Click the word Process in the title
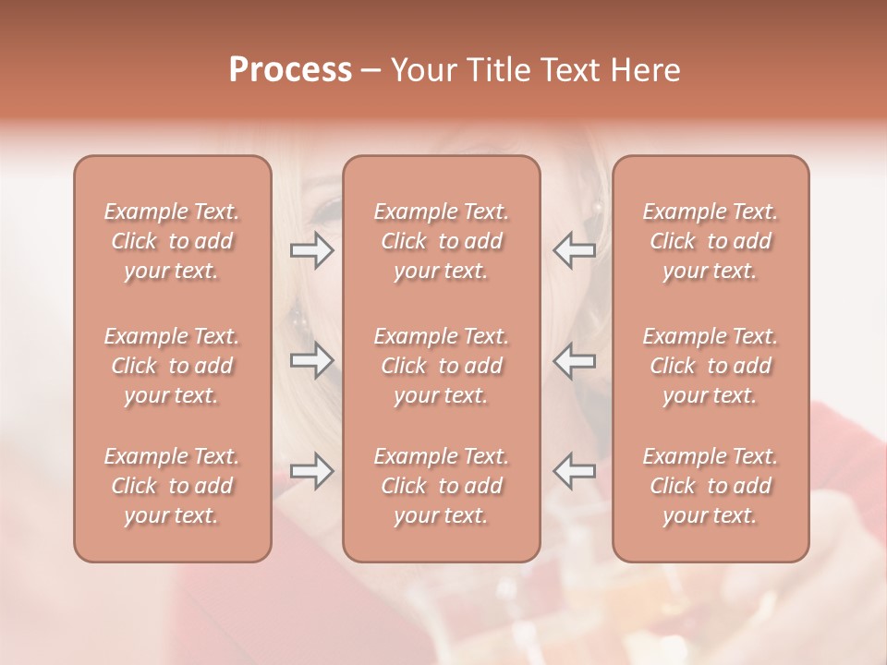[290, 70]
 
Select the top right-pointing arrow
[311, 250]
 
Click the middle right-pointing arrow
[311, 360]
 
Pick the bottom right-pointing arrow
[311, 471]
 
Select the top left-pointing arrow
[575, 250]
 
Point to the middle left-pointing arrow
[575, 360]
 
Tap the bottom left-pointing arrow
[575, 471]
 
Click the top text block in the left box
[172, 241]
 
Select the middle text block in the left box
[172, 366]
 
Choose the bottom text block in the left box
[172, 486]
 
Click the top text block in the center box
[442, 241]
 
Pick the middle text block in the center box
[442, 366]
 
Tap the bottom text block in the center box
[442, 486]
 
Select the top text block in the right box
[711, 241]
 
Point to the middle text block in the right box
[711, 366]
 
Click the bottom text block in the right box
[711, 486]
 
